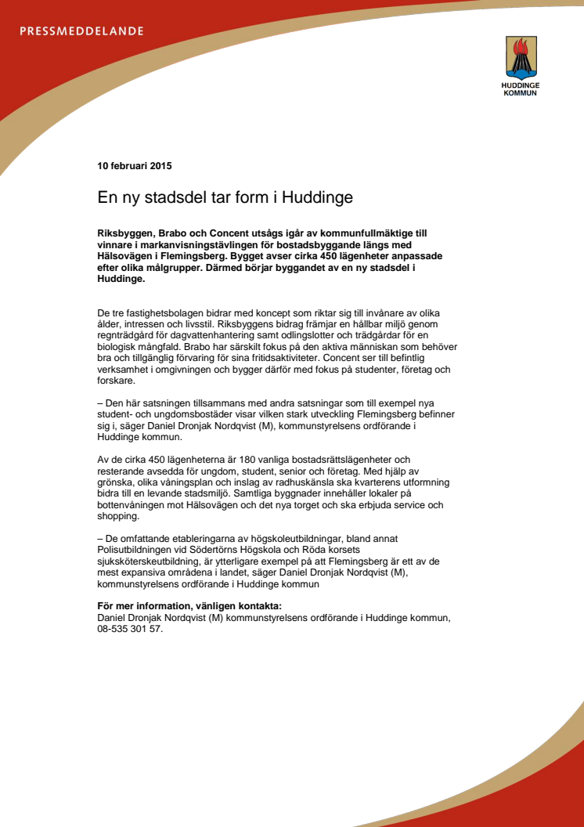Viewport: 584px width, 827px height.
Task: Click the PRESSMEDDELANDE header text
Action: pos(81,31)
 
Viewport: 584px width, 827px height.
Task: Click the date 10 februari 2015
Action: pos(135,166)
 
